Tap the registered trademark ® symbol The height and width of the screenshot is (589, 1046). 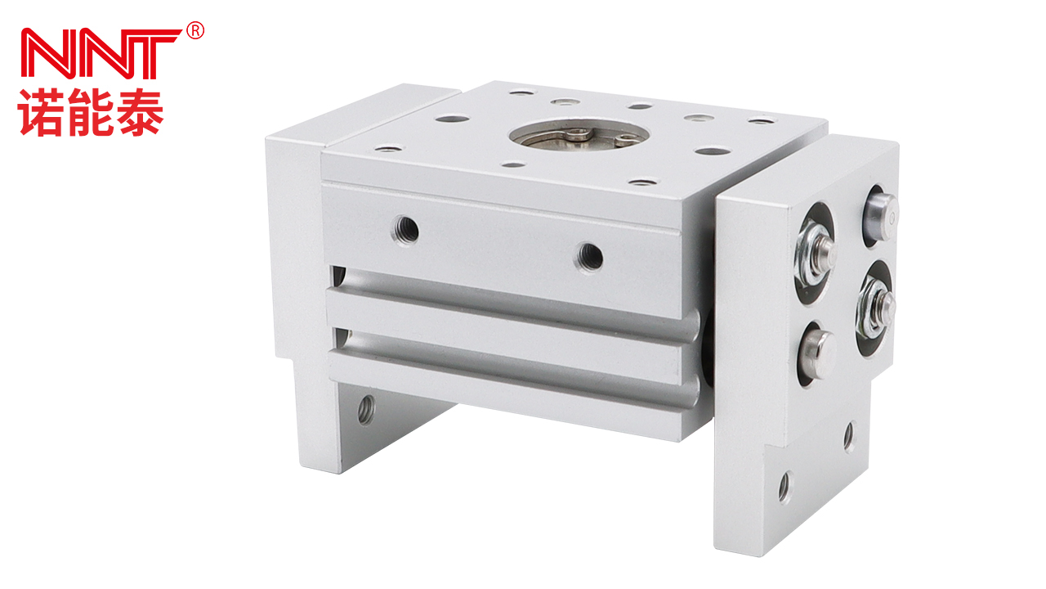[x=195, y=31]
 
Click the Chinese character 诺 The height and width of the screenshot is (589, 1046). [x=40, y=113]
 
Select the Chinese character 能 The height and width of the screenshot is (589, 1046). [x=90, y=113]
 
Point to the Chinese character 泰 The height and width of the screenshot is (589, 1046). [x=140, y=113]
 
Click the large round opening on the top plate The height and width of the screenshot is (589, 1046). [x=579, y=134]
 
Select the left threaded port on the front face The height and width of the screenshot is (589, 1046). [x=405, y=229]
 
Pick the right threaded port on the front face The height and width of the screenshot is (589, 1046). [x=590, y=257]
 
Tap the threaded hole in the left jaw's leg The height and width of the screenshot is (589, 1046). [x=366, y=410]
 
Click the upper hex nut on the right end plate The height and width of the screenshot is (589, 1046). [x=815, y=254]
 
